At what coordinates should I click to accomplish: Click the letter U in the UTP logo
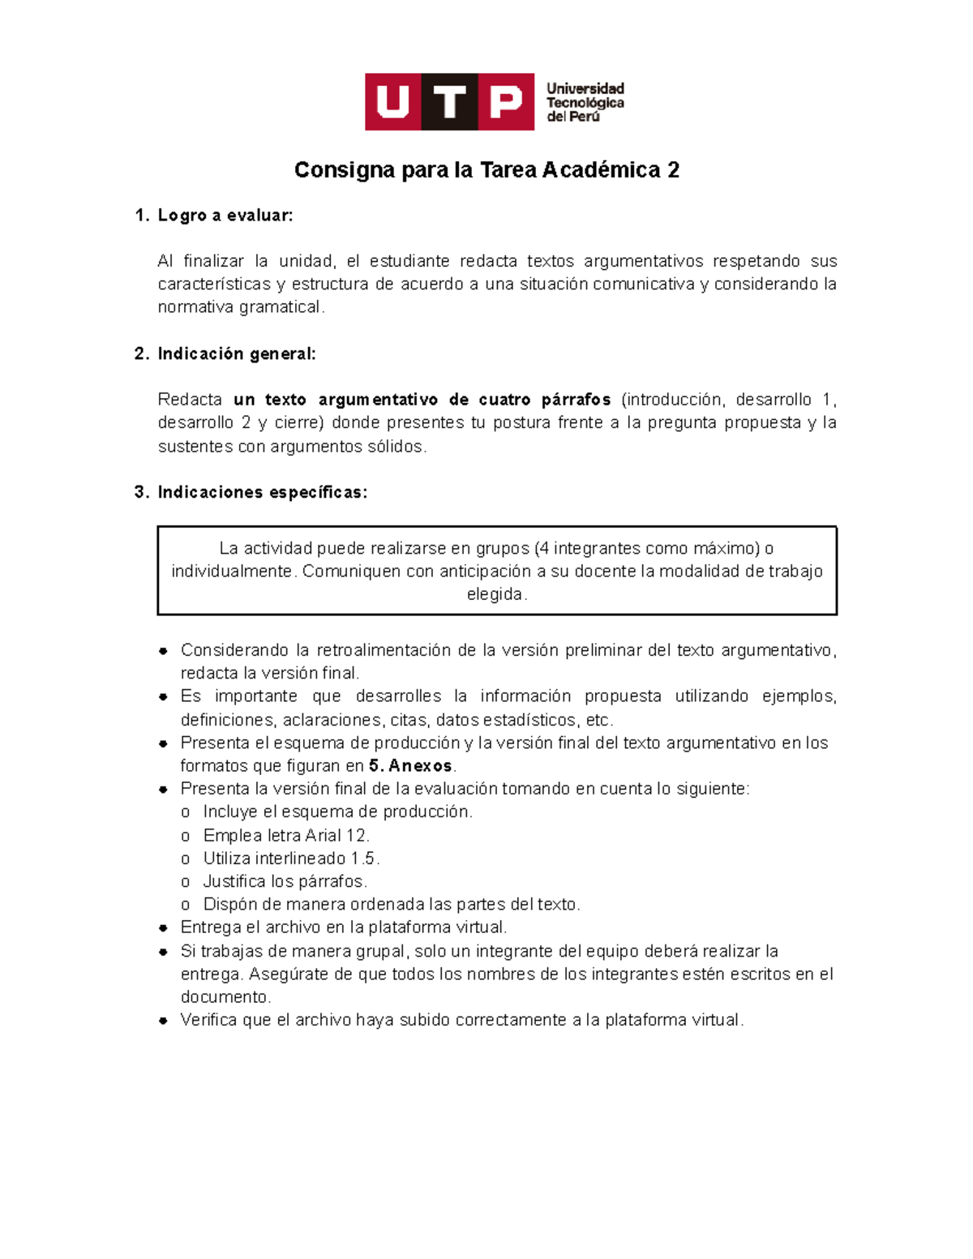pyautogui.click(x=393, y=102)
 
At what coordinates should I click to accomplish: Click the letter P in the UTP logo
pyautogui.click(x=506, y=102)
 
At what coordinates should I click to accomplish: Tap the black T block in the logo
pyautogui.click(x=449, y=102)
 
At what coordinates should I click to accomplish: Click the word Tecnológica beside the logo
pyautogui.click(x=585, y=103)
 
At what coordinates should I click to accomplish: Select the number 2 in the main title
pyautogui.click(x=672, y=170)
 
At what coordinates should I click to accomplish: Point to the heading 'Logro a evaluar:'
pyautogui.click(x=225, y=216)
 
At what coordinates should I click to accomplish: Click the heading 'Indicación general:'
pyautogui.click(x=236, y=354)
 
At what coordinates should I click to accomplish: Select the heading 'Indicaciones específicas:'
pyautogui.click(x=262, y=493)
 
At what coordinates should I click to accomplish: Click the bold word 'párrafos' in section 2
pyautogui.click(x=576, y=400)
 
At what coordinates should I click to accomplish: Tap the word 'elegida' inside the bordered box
pyautogui.click(x=495, y=594)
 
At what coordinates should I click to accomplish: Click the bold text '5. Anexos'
pyautogui.click(x=410, y=766)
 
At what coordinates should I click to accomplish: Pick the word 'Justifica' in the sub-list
pyautogui.click(x=234, y=881)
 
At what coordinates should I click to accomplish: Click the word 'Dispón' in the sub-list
pyautogui.click(x=229, y=905)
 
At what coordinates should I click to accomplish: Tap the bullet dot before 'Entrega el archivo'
pyautogui.click(x=163, y=928)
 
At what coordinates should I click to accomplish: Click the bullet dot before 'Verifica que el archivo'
pyautogui.click(x=163, y=1021)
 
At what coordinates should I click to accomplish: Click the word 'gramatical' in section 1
pyautogui.click(x=281, y=307)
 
